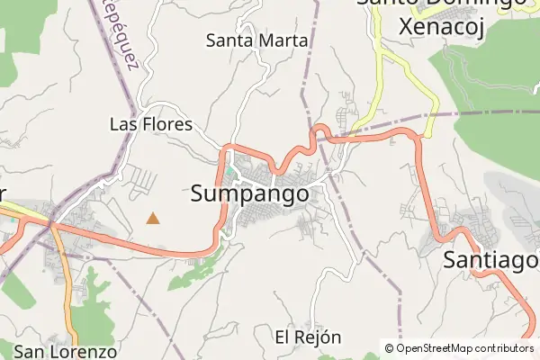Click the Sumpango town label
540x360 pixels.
tap(250, 194)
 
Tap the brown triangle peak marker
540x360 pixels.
tap(154, 218)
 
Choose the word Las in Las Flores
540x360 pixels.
tap(122, 124)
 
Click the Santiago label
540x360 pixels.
tap(490, 261)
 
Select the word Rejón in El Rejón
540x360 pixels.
tap(320, 337)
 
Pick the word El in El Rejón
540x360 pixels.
tap(283, 337)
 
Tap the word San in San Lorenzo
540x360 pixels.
tap(30, 352)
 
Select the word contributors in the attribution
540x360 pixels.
tap(508, 347)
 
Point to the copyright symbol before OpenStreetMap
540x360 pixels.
tap(390, 347)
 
